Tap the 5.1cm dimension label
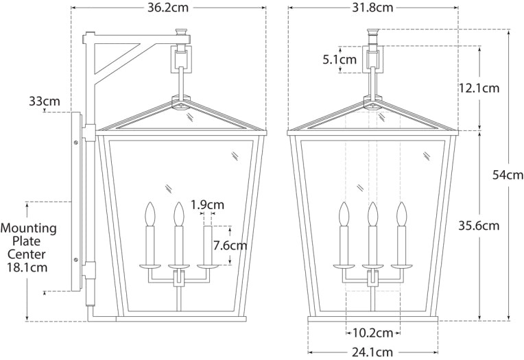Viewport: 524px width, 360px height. click(x=339, y=60)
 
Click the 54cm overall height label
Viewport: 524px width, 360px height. click(x=508, y=175)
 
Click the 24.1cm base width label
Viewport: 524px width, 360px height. click(x=372, y=352)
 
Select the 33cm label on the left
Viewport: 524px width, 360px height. click(x=44, y=101)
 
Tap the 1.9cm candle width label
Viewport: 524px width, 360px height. click(x=207, y=204)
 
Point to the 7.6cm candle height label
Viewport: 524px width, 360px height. click(x=230, y=245)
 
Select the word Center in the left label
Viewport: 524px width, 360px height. click(x=28, y=254)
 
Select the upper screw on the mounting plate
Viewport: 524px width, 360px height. click(x=75, y=145)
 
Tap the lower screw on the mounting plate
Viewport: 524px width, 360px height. click(x=75, y=259)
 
